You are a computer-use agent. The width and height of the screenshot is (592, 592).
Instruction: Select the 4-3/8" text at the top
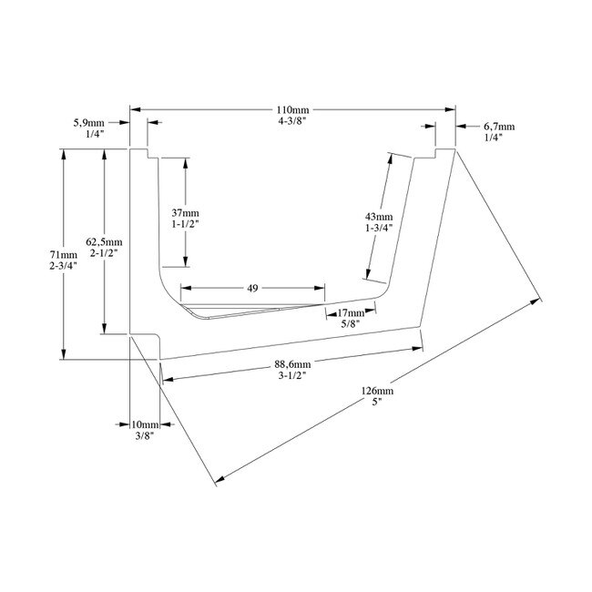pyautogui.click(x=293, y=120)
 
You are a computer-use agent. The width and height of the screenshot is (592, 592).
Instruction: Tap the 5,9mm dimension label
pyautogui.click(x=88, y=121)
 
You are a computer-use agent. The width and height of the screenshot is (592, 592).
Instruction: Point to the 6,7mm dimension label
pyautogui.click(x=497, y=126)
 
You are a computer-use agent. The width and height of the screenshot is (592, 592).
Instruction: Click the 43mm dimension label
pyautogui.click(x=378, y=216)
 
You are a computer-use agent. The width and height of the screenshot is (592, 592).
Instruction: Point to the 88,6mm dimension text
pyautogui.click(x=291, y=366)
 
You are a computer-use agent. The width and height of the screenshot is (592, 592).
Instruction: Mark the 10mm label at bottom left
pyautogui.click(x=144, y=425)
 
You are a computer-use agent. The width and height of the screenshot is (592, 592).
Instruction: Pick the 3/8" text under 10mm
pyautogui.click(x=144, y=436)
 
